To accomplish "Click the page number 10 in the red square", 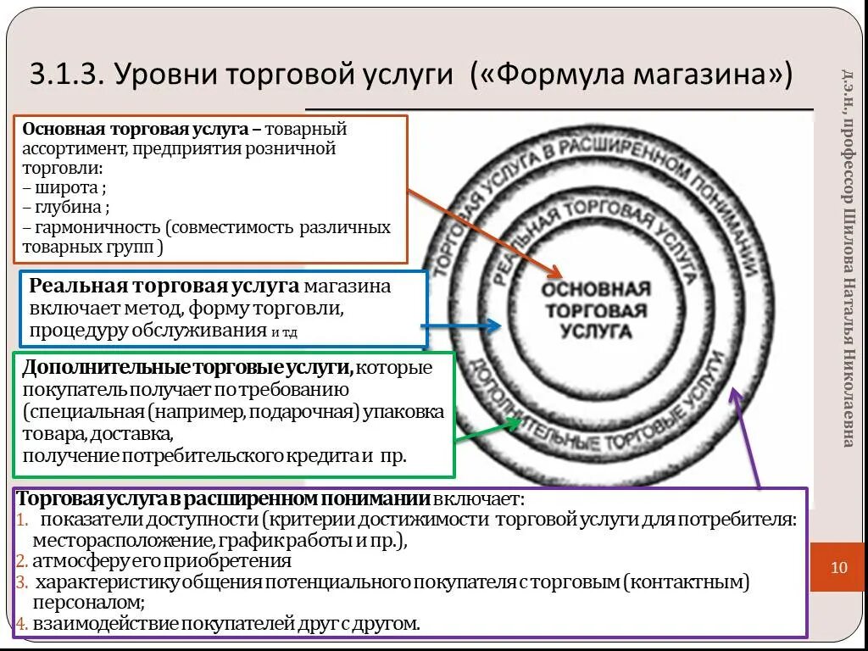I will tap(839, 568).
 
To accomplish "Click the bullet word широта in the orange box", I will tap(68, 187).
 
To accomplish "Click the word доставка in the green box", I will tap(141, 434).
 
